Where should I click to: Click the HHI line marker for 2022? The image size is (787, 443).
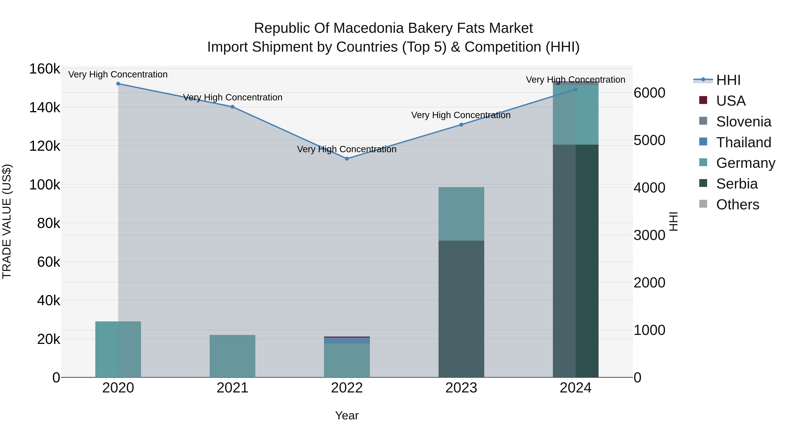click(347, 159)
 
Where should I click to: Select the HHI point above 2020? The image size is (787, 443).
click(118, 84)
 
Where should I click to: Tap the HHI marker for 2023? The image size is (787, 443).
click(461, 125)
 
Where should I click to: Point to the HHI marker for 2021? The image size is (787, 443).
click(233, 107)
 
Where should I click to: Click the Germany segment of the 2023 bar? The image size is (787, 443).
click(461, 214)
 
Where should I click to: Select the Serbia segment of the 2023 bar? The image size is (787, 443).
click(461, 309)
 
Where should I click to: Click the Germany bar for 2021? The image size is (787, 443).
click(233, 356)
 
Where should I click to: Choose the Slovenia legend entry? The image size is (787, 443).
click(743, 122)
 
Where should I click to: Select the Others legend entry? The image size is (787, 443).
click(737, 205)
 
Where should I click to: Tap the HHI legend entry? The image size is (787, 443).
click(728, 80)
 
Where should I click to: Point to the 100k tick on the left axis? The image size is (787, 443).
click(45, 185)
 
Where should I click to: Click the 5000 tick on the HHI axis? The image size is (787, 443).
click(649, 140)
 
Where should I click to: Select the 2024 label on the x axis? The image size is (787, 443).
click(576, 388)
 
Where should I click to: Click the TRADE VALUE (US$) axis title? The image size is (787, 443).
click(7, 221)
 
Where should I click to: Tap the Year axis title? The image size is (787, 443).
click(347, 415)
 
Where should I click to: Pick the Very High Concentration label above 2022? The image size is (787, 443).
click(347, 149)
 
